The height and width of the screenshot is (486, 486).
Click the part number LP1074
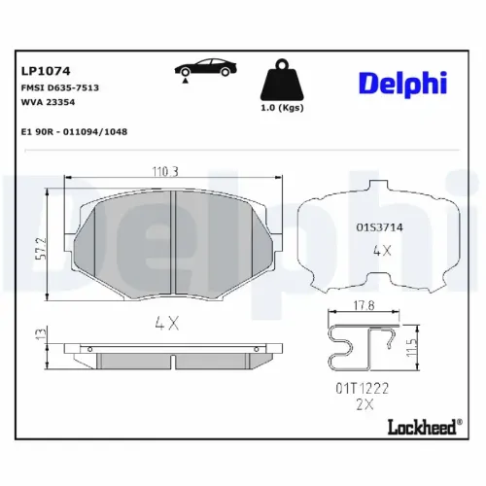[x=42, y=70]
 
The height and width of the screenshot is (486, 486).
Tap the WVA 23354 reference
[x=49, y=102]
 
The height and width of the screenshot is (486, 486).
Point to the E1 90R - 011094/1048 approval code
[x=74, y=130]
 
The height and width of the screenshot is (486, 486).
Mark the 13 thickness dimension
[x=37, y=335]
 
